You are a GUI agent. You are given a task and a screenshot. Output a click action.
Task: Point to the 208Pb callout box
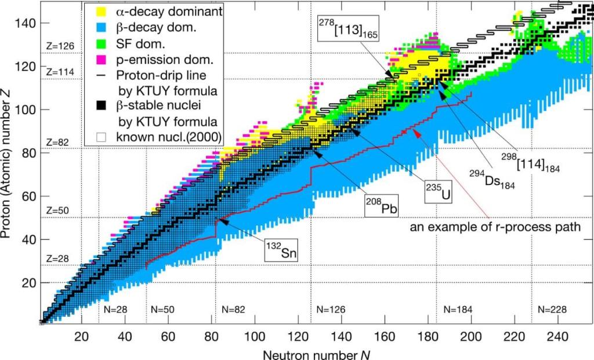click(380, 206)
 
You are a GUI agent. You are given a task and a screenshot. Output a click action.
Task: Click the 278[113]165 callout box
click(348, 28)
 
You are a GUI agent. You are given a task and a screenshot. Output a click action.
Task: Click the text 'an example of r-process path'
click(495, 227)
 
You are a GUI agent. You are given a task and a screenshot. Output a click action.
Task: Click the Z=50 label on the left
click(56, 210)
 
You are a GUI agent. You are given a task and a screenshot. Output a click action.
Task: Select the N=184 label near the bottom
click(459, 310)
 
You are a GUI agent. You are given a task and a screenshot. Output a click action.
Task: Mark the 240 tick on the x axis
click(556, 336)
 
